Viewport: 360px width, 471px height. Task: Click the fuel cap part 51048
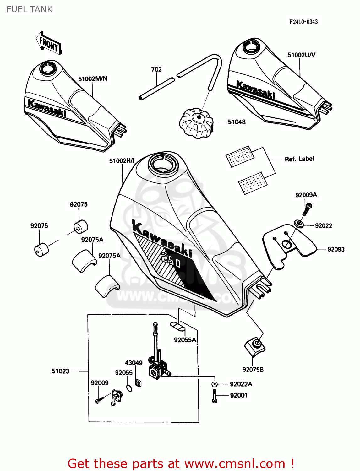coord(196,123)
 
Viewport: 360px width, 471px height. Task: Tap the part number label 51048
coord(237,122)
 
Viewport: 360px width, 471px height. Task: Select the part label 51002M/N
coord(93,79)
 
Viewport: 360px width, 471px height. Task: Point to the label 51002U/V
coord(301,55)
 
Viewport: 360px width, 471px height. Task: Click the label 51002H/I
coord(122,161)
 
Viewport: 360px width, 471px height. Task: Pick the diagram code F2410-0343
coord(303,22)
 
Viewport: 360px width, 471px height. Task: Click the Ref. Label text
coord(299,159)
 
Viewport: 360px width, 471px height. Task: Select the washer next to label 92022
coord(299,224)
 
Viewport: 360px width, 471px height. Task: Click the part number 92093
coord(336,249)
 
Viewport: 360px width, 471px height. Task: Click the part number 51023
coord(60,371)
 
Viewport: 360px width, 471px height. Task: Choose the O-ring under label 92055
coord(129,388)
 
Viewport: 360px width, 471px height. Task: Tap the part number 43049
coord(134,363)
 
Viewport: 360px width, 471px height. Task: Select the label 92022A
coord(241,384)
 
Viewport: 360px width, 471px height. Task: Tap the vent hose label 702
coord(156,69)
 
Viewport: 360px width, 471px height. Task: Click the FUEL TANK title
coord(30,9)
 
